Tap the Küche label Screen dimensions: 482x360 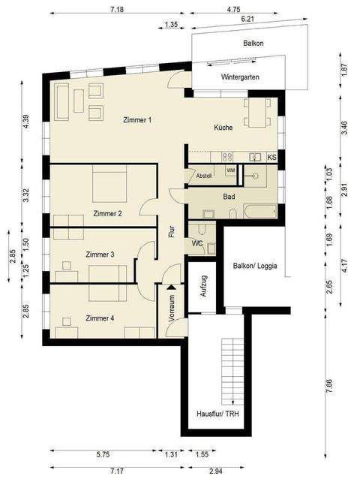point(223,128)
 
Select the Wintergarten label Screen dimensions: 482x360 point(239,77)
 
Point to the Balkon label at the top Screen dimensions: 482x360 point(253,44)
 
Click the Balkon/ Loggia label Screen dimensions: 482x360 point(253,266)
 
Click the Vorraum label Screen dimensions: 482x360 point(172,308)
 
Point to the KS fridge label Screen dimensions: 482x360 point(271,158)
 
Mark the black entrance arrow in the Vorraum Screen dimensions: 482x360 point(172,286)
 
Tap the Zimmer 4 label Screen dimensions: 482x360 point(100,318)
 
